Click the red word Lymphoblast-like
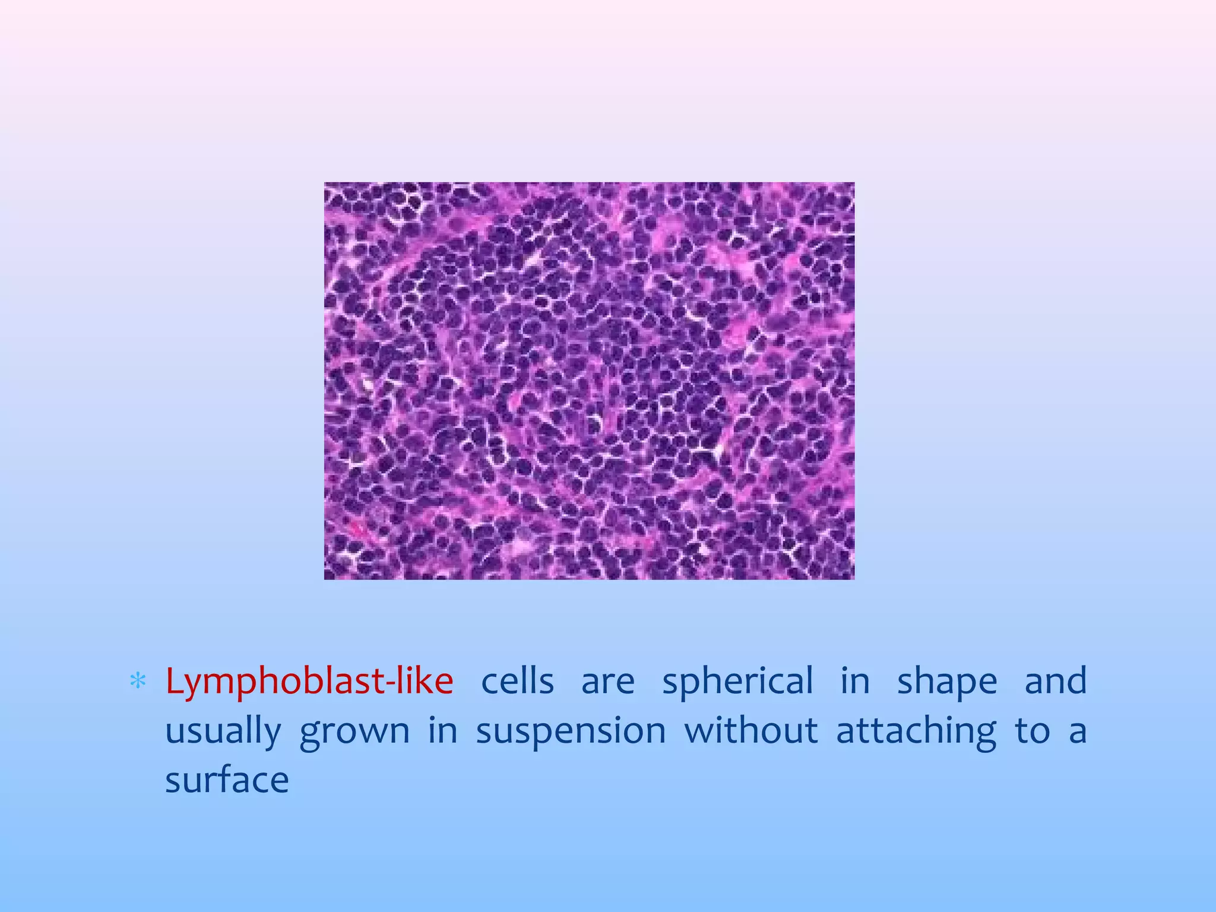point(309,682)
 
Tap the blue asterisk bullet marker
point(138,682)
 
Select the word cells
point(517,682)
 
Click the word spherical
point(737,682)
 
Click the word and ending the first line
point(1056,682)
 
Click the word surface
point(227,780)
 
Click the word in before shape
point(855,682)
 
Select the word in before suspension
point(443,731)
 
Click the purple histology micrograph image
point(589,381)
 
